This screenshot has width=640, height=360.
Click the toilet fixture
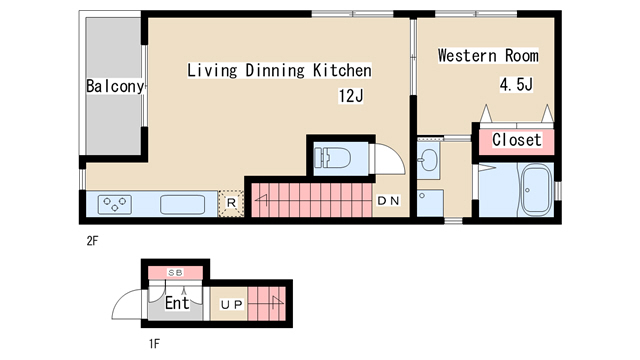click(x=332, y=158)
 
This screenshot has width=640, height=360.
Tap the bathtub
click(x=537, y=191)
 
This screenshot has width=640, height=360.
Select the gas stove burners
click(x=115, y=204)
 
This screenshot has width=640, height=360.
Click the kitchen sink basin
click(x=182, y=204)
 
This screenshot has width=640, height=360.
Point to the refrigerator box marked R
click(x=231, y=203)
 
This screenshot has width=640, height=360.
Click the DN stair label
click(x=388, y=200)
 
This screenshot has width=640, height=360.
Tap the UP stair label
click(x=231, y=304)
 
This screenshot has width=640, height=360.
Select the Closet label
click(x=517, y=140)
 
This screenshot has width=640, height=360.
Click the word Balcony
click(x=115, y=86)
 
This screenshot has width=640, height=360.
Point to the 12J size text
click(x=351, y=96)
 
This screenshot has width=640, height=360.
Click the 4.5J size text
click(x=516, y=84)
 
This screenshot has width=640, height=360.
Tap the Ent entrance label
click(x=177, y=303)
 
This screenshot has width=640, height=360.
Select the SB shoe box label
click(x=175, y=272)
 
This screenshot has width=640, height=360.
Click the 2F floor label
click(x=92, y=241)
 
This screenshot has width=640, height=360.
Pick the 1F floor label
click(x=154, y=344)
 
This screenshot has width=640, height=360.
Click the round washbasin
click(x=428, y=160)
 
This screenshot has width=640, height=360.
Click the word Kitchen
click(x=342, y=70)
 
